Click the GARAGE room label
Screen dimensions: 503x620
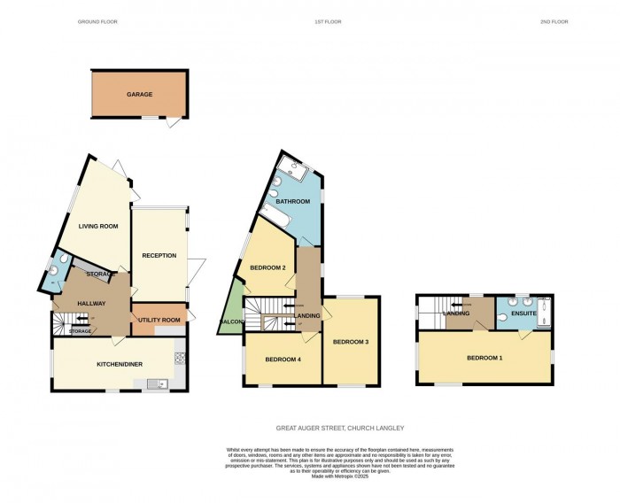point(139,94)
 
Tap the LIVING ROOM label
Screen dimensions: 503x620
point(98,226)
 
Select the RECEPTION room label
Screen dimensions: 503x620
point(159,256)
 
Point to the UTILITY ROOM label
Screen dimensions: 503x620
point(159,320)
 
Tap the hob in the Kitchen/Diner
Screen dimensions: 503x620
point(180,359)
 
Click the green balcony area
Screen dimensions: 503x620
point(230,310)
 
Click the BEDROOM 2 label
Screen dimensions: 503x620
point(267,267)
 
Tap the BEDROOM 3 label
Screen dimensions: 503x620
point(350,341)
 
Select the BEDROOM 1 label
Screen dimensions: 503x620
point(484,358)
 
